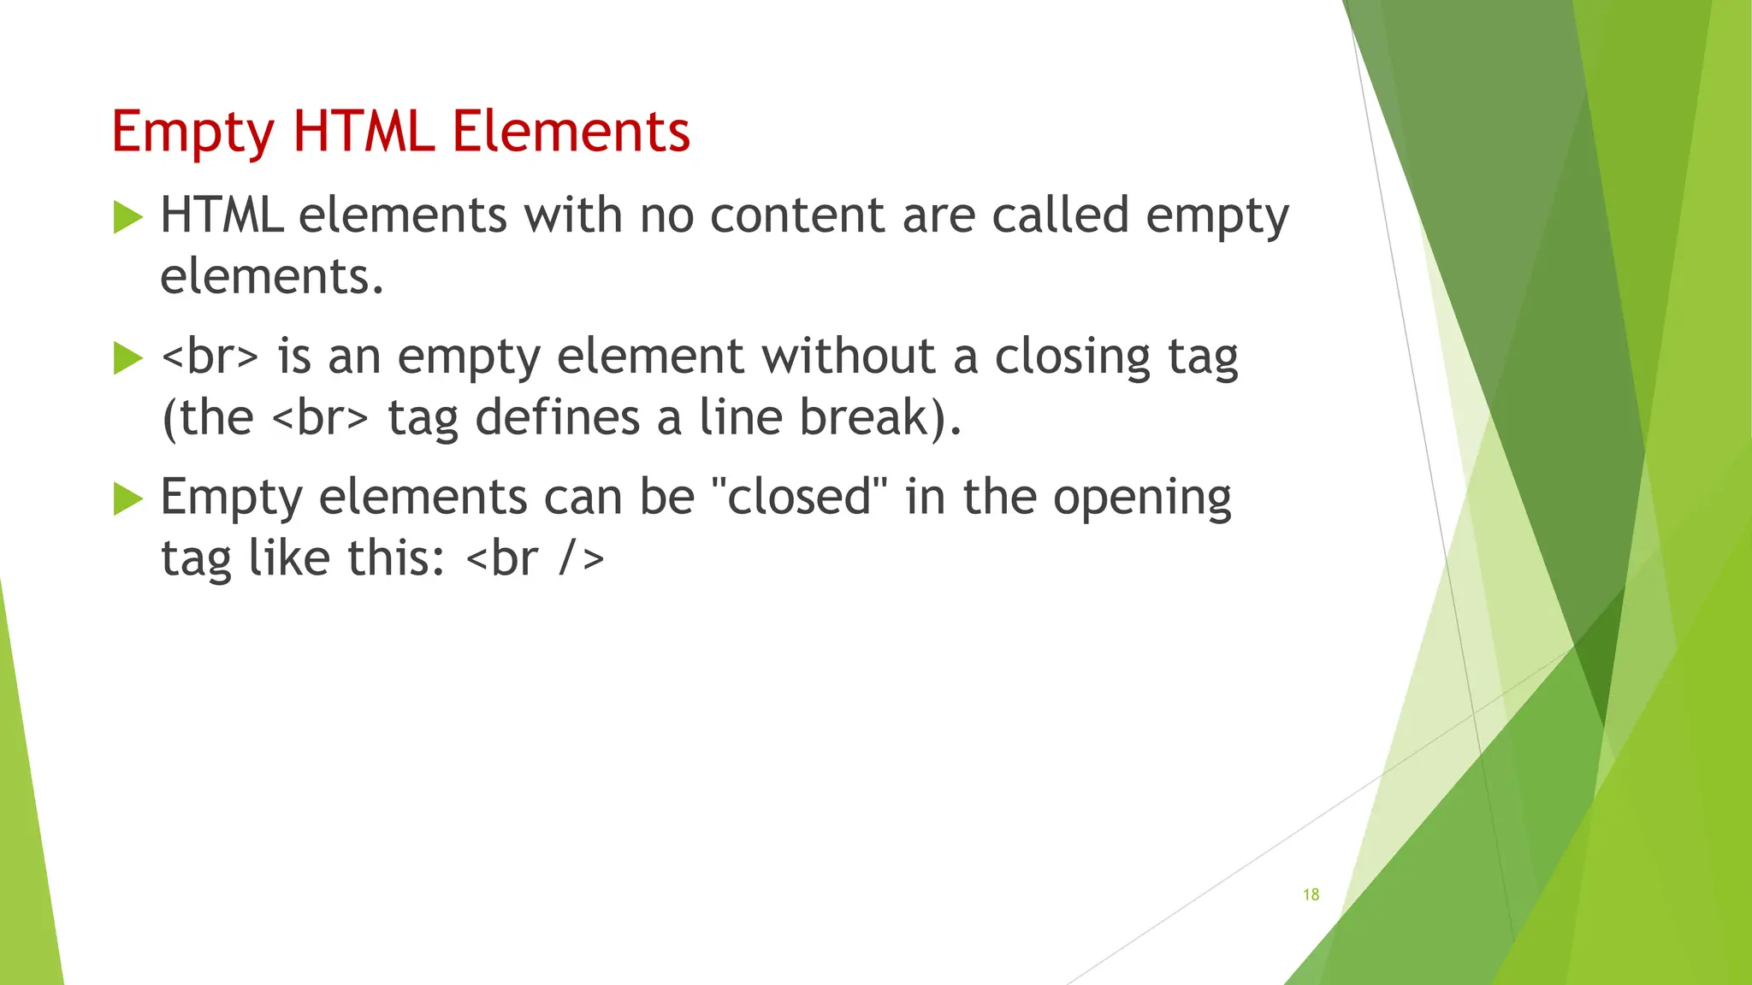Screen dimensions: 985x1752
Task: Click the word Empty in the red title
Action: [192, 133]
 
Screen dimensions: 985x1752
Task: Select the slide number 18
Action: [1311, 894]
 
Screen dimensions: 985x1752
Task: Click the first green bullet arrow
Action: [127, 217]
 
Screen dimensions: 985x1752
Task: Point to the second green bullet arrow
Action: [127, 358]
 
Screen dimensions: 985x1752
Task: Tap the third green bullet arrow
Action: [127, 498]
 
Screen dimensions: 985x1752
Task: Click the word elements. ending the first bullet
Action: [272, 276]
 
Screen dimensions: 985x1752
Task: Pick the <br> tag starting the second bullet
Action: [210, 356]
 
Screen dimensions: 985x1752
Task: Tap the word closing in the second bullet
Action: [1073, 357]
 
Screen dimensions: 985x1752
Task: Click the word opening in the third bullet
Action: [1142, 498]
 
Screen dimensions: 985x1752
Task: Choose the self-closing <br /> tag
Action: [536, 558]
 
